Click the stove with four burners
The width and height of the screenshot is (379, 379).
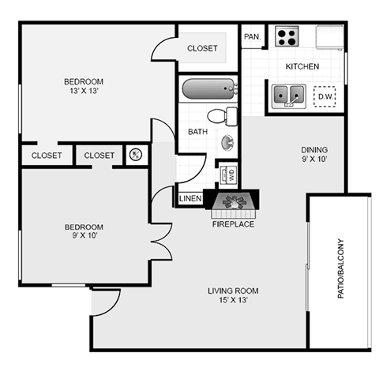tap(287, 36)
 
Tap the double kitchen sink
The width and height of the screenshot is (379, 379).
tap(289, 96)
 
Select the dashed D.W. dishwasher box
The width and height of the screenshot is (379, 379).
tap(325, 96)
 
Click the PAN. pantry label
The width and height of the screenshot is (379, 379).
tap(252, 37)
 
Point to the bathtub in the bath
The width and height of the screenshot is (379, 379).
tap(209, 89)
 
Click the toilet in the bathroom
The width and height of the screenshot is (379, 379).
tap(223, 116)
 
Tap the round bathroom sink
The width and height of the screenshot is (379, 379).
tap(227, 142)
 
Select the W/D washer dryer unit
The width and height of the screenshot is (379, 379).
tap(228, 174)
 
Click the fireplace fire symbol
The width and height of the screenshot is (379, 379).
tap(235, 202)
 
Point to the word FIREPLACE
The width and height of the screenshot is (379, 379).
tap(233, 224)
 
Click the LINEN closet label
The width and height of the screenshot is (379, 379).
tap(190, 198)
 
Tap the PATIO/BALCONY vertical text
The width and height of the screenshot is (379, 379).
tap(340, 268)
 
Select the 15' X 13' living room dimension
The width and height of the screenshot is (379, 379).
tap(233, 300)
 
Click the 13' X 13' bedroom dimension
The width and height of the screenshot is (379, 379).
tap(84, 91)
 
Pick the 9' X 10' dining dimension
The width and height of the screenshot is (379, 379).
tap(314, 159)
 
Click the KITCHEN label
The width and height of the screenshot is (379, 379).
tap(302, 66)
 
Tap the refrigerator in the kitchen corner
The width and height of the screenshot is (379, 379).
tap(330, 37)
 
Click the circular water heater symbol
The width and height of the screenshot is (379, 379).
tap(136, 155)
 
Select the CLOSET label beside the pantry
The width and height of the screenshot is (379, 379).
tap(202, 48)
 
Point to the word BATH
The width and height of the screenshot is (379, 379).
tap(197, 132)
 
